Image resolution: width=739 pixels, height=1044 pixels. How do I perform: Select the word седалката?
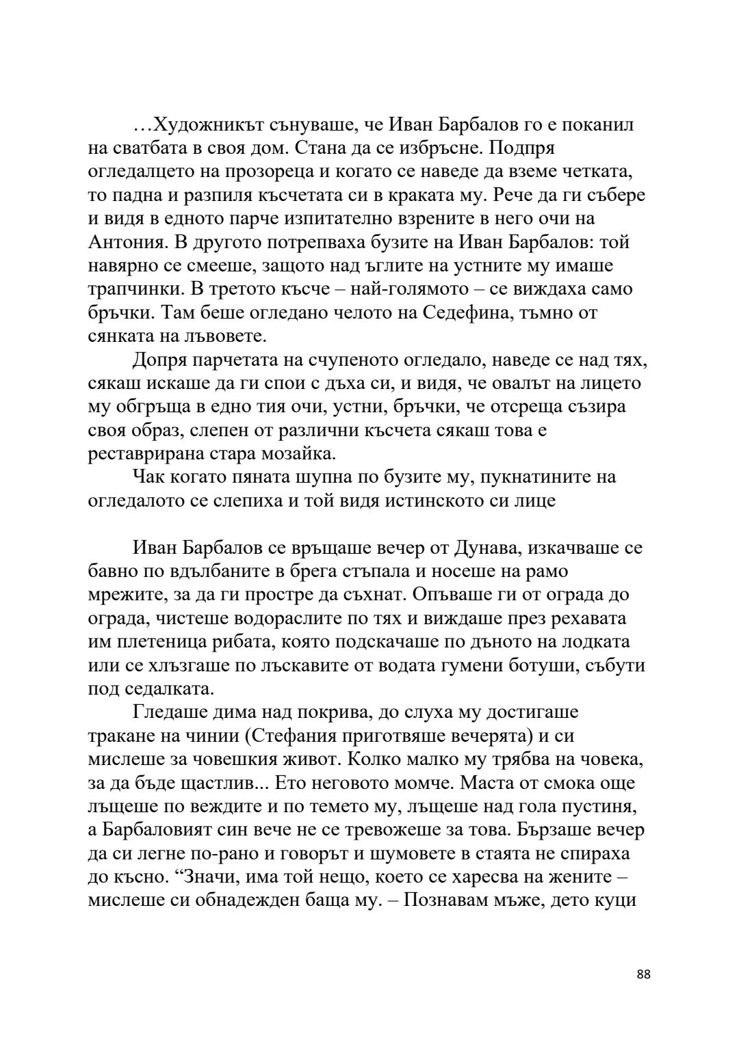pyautogui.click(x=161, y=688)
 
